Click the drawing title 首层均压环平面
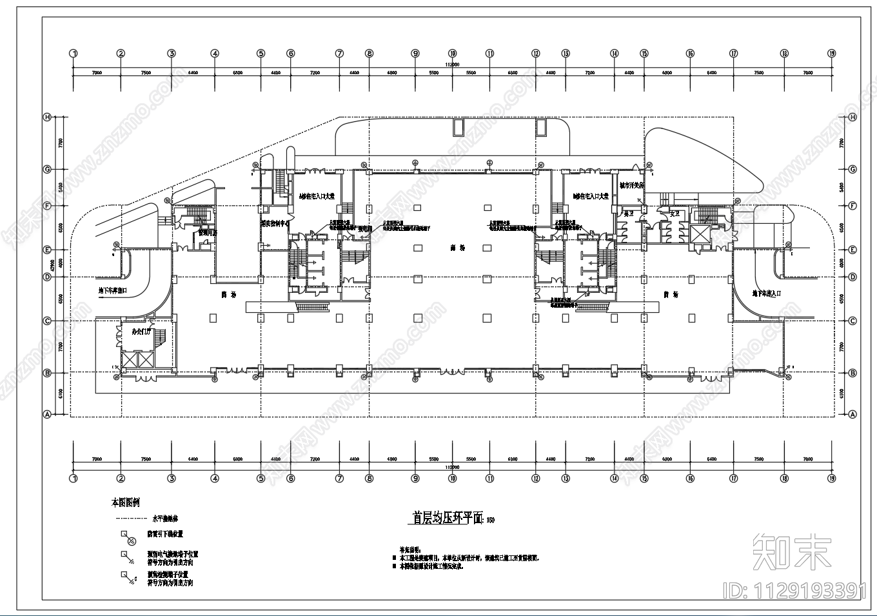click(448, 518)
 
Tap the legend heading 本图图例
click(125, 502)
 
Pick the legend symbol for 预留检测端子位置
click(126, 577)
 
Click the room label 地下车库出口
click(112, 291)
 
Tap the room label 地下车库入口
click(766, 293)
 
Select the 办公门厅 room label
click(141, 332)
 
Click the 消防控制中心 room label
click(275, 224)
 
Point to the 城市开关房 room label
click(631, 185)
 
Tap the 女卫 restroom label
click(675, 213)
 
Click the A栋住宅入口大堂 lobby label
click(317, 195)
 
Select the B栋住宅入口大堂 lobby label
click(590, 195)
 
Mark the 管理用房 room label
click(207, 233)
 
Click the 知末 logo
click(792, 551)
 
